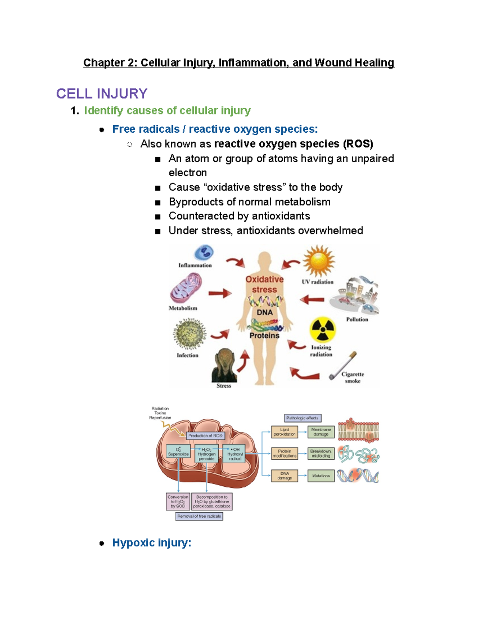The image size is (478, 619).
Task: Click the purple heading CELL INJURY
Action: tap(102, 94)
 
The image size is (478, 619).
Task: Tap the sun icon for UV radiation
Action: tap(318, 261)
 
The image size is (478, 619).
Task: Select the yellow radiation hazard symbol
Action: tap(322, 330)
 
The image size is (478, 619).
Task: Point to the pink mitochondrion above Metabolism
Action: tap(186, 288)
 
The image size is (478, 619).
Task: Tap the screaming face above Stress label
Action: tap(224, 365)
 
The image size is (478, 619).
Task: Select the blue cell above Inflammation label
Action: tap(204, 253)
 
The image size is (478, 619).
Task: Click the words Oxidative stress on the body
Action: tap(264, 284)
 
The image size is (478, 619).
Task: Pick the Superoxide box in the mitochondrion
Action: tap(178, 452)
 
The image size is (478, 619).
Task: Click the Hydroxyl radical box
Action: tap(235, 454)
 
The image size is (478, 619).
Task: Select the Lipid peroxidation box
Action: tap(284, 432)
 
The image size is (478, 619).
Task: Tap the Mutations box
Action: tap(321, 476)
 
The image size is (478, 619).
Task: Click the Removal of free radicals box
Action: tap(199, 516)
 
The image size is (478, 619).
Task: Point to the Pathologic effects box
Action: tap(302, 418)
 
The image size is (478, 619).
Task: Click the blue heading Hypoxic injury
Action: tap(152, 542)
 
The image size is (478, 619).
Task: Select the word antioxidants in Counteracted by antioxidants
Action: tap(286, 216)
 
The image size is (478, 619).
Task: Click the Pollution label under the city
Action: tap(357, 319)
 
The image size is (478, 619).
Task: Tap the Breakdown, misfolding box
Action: tap(321, 454)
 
